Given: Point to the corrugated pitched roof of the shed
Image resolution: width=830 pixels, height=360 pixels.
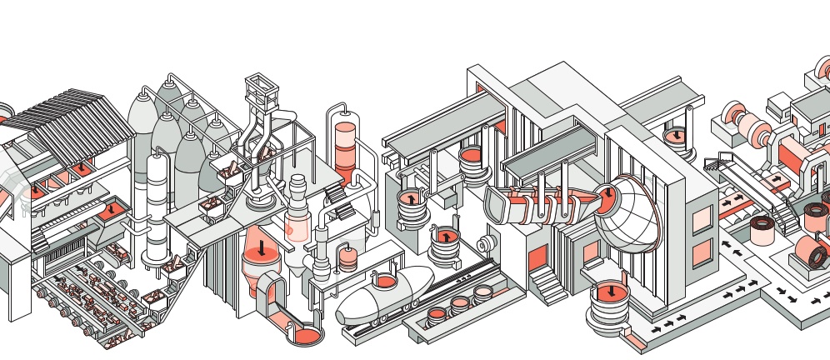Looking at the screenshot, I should [79, 124].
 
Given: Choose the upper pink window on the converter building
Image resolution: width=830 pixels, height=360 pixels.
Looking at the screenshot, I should [702, 218].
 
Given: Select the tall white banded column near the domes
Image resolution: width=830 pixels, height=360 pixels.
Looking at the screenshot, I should [155, 208].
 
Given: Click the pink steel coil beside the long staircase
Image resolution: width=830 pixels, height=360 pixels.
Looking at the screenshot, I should [762, 229].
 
